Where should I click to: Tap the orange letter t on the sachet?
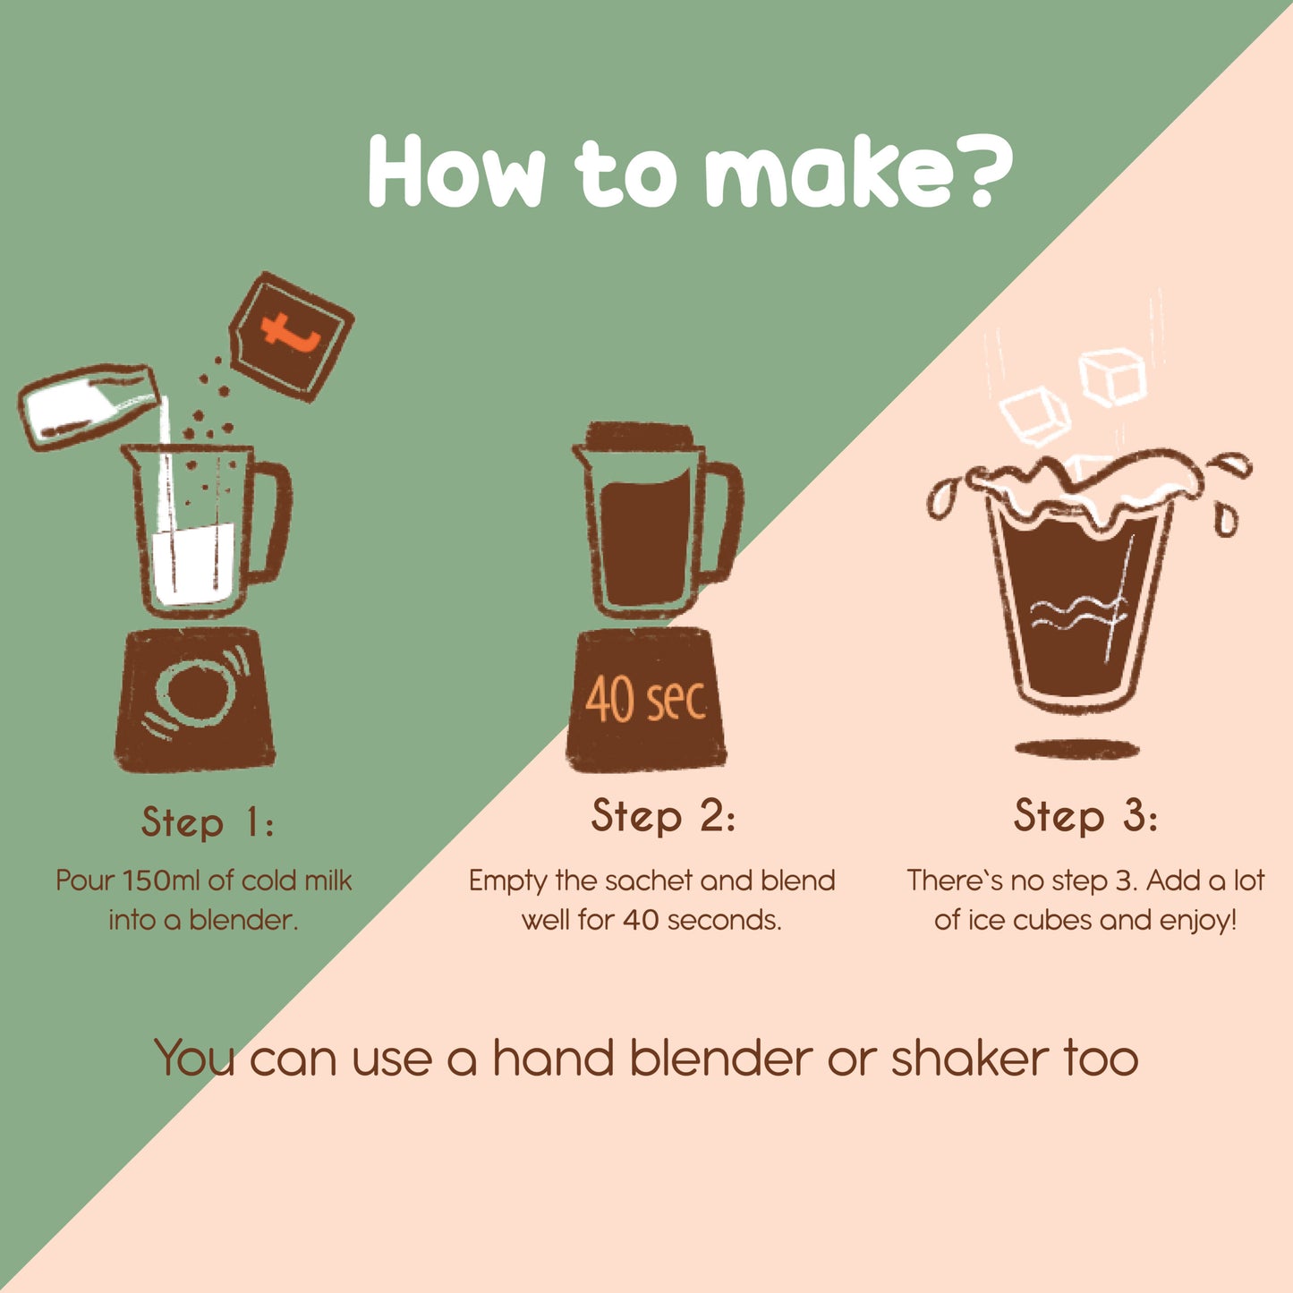click(x=291, y=331)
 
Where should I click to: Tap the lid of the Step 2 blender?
click(x=639, y=435)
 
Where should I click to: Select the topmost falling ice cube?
click(x=1112, y=377)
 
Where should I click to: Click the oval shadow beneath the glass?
click(x=1076, y=750)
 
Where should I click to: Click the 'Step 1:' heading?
click(x=208, y=822)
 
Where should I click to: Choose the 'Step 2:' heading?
click(x=663, y=817)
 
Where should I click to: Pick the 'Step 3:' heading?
click(x=1085, y=817)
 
